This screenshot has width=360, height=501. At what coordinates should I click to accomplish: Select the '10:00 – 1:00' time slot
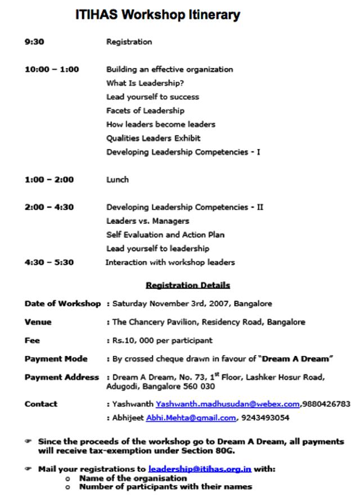[52, 69]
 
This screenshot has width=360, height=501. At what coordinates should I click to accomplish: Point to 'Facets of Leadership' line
[145, 110]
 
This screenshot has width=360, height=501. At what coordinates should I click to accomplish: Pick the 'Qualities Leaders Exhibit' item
[153, 138]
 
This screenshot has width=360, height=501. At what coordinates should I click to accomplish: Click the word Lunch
[118, 179]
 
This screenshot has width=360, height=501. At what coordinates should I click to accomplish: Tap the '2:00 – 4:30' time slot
[49, 207]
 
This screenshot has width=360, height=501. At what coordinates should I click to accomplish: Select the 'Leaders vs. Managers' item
[147, 221]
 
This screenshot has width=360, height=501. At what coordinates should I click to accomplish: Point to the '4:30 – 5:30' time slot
[49, 262]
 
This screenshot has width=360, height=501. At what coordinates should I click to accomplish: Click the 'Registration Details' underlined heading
[187, 286]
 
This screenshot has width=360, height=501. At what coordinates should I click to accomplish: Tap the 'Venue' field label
[38, 322]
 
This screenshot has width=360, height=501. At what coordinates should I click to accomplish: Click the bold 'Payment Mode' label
[56, 358]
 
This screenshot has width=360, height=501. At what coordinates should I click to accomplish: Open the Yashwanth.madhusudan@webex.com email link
[228, 404]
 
